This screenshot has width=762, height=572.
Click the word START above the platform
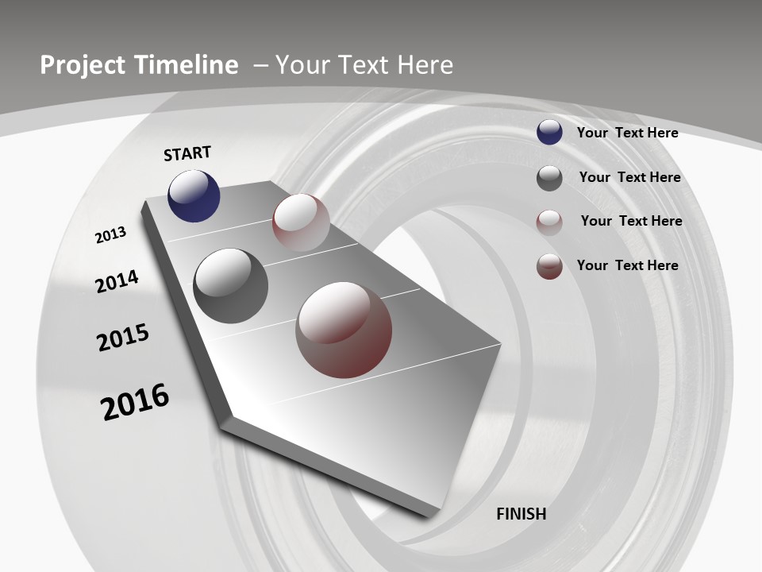[x=187, y=153]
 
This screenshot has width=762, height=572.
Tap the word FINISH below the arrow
[x=521, y=514]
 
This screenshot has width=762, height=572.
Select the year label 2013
[x=110, y=235]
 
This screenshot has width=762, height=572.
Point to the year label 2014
[x=117, y=281]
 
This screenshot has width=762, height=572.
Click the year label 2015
[x=123, y=338]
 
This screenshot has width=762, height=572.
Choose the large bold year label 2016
[x=135, y=402]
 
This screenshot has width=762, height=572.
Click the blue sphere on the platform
[x=194, y=195]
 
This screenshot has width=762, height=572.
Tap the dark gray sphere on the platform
[x=230, y=286]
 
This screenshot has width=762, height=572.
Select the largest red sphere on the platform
[x=344, y=330]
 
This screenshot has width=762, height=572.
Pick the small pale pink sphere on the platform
[x=301, y=222]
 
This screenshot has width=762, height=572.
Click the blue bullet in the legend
[x=549, y=133]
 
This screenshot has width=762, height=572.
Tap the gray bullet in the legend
[x=549, y=178]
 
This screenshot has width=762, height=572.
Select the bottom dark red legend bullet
[x=549, y=266]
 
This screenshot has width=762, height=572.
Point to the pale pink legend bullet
[x=549, y=222]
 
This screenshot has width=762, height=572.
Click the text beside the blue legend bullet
[x=628, y=133]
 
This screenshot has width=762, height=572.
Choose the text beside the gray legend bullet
[x=630, y=177]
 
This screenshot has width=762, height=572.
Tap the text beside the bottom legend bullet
[x=628, y=265]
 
